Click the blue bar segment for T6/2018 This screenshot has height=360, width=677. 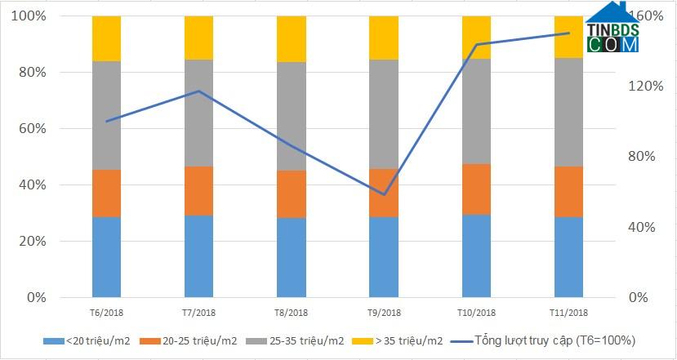pos(106,257)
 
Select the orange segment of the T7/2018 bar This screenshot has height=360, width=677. pos(198,191)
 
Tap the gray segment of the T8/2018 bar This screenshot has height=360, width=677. pos(292,116)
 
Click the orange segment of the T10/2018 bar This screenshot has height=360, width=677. pos(476,189)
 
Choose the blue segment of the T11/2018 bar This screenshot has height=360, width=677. pos(568,257)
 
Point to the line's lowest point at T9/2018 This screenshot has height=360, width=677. pos(384,195)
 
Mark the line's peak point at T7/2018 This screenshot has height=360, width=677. pos(198,91)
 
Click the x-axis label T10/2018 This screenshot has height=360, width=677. pos(476,313)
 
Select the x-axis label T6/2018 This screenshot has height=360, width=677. pos(106,313)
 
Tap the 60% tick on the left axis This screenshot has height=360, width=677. pos(33,128)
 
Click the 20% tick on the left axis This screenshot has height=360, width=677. pos(33,242)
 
